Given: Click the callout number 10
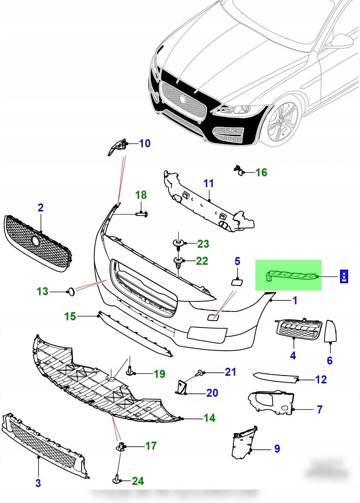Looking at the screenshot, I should [x=144, y=143].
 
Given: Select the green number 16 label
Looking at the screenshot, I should [x=261, y=172].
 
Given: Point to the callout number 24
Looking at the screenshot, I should [x=138, y=481].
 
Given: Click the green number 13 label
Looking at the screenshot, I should [x=42, y=291].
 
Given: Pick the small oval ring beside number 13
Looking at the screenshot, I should [x=71, y=291].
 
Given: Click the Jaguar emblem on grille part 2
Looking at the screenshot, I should [x=36, y=241].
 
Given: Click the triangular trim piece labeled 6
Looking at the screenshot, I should [x=331, y=331].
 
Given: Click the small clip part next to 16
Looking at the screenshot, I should [x=238, y=170].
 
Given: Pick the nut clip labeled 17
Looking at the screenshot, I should [x=120, y=446].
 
